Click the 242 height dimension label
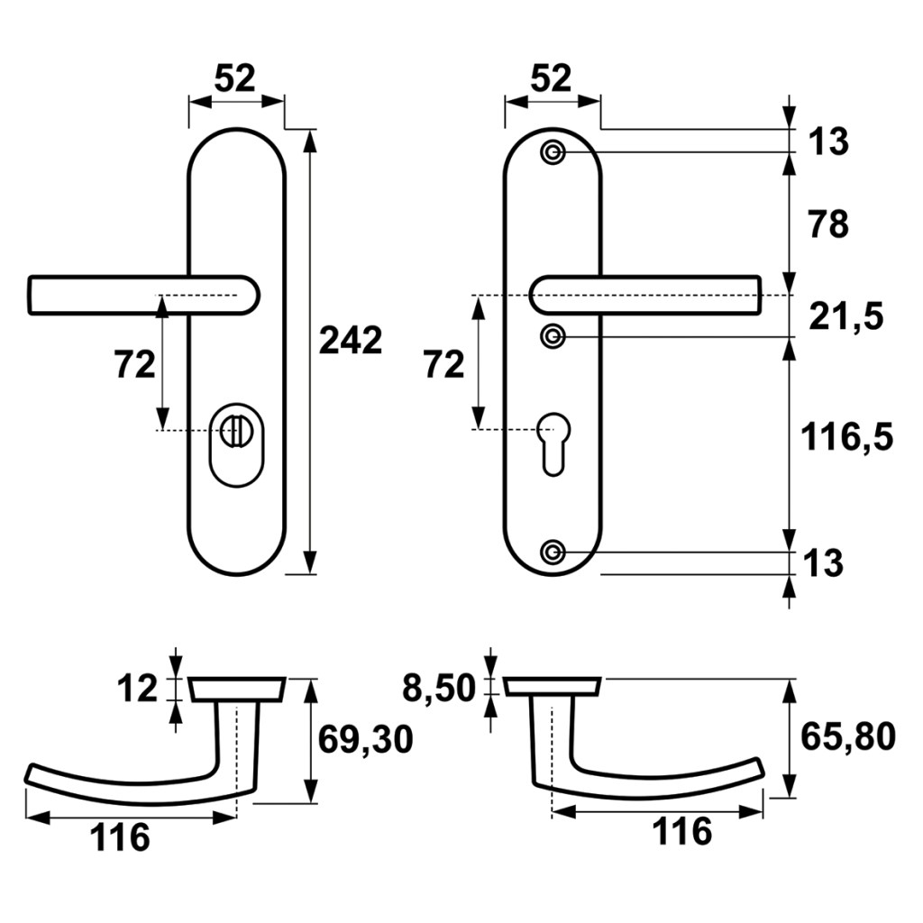pyautogui.click(x=351, y=340)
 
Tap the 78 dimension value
pyautogui.click(x=828, y=224)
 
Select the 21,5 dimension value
pyautogui.click(x=845, y=316)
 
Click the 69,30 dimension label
pyautogui.click(x=366, y=739)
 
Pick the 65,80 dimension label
pyautogui.click(x=848, y=736)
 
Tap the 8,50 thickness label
pyautogui.click(x=439, y=688)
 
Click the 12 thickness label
pyautogui.click(x=137, y=688)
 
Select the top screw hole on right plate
pyautogui.click(x=553, y=152)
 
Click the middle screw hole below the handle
pyautogui.click(x=553, y=336)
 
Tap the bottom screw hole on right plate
pyautogui.click(x=553, y=553)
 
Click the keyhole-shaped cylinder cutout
pyautogui.click(x=554, y=443)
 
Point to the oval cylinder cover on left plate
pyautogui.click(x=237, y=445)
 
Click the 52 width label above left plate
pyautogui.click(x=235, y=78)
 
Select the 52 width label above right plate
pyautogui.click(x=551, y=78)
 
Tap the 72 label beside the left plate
pyautogui.click(x=135, y=364)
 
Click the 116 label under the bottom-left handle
pyautogui.click(x=120, y=837)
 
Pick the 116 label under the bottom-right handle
pyautogui.click(x=682, y=831)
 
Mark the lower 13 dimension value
pyautogui.click(x=823, y=562)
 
